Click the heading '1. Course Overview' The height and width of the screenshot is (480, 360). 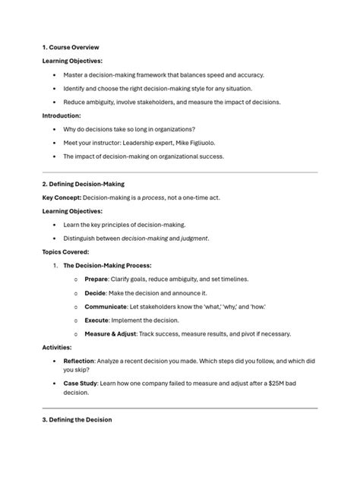pos(71,47)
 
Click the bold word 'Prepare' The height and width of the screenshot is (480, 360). pos(96,279)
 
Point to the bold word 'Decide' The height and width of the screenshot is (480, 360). pos(96,292)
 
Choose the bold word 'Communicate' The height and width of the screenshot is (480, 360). pos(106,306)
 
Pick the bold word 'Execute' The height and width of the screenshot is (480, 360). pos(97,320)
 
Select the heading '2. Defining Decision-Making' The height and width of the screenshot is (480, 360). pos(84,184)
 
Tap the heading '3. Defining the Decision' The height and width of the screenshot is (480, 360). pos(77,419)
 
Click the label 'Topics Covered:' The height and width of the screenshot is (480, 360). pos(66,251)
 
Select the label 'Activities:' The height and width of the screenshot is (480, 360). pos(58,347)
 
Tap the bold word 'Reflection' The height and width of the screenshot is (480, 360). pos(79,361)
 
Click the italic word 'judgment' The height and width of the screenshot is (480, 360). pos(192,238)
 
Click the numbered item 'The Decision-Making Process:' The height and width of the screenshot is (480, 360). pos(107,265)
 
